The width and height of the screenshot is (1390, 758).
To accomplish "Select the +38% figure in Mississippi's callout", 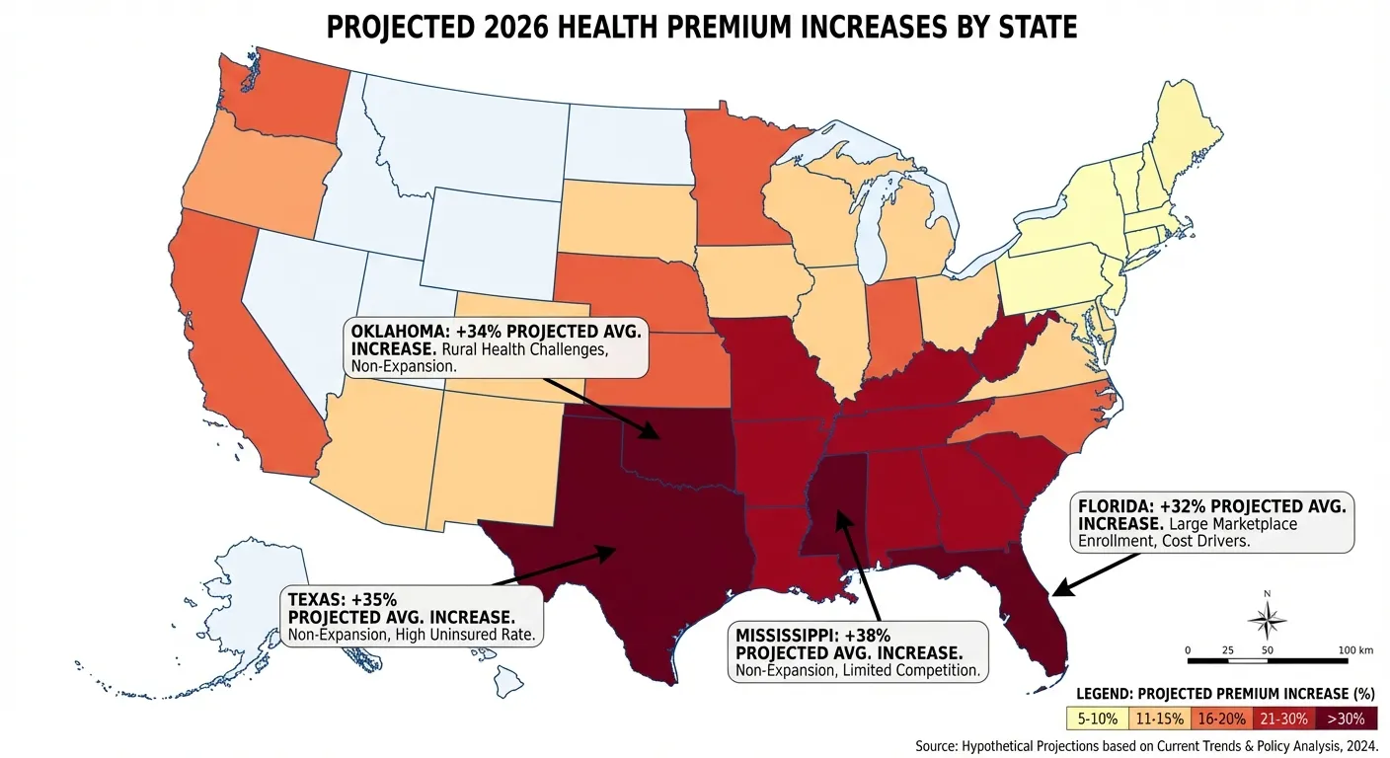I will (x=867, y=636).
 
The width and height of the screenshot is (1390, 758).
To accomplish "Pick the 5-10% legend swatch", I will (x=1097, y=720).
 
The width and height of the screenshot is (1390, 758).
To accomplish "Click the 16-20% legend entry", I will (x=1221, y=720).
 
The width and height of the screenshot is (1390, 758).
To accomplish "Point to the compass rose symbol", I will (x=1267, y=619).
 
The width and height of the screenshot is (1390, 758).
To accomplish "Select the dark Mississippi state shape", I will (x=835, y=503).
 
